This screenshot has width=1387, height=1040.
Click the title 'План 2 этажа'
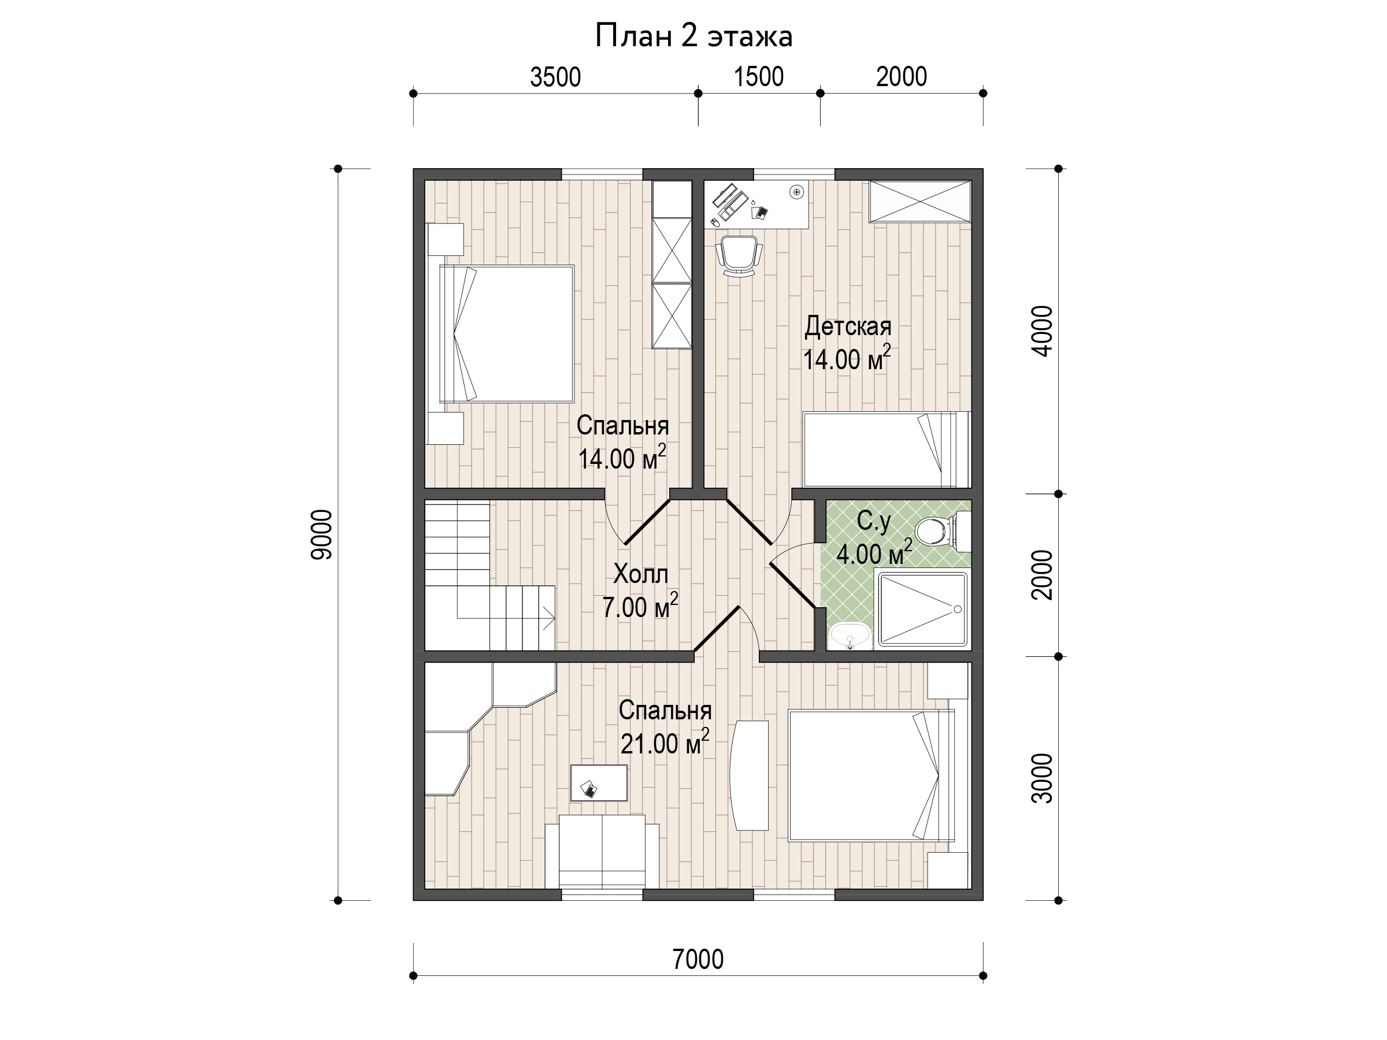tap(693, 36)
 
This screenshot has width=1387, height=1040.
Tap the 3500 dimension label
tap(555, 77)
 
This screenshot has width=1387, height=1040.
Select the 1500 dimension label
tap(759, 76)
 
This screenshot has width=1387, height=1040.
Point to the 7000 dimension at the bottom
tap(698, 959)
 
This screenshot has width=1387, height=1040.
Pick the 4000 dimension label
tap(1042, 331)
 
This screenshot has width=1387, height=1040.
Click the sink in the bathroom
tap(850, 636)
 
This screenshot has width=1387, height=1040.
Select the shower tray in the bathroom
tap(922, 609)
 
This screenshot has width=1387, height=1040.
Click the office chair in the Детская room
tap(740, 256)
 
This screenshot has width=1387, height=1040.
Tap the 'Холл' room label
tap(640, 574)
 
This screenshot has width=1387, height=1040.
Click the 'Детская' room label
tap(848, 326)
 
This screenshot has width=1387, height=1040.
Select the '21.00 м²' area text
tap(665, 742)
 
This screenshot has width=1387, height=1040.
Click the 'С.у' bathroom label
tap(873, 521)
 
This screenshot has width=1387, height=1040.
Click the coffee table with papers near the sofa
tap(599, 782)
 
